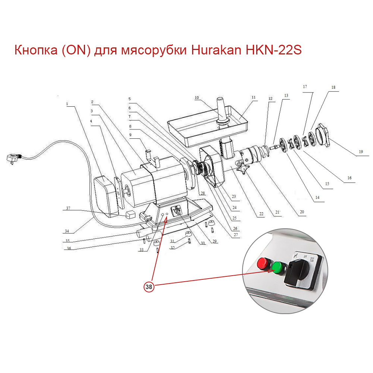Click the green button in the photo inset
click(277, 267)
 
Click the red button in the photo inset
click(264, 264)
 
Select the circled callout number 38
click(149, 286)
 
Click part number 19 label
click(361, 152)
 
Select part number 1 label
click(68, 104)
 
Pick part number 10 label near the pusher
click(197, 98)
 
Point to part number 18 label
click(333, 87)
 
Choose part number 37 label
click(68, 209)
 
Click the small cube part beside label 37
click(130, 214)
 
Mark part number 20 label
click(302, 212)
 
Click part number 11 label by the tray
click(254, 97)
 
